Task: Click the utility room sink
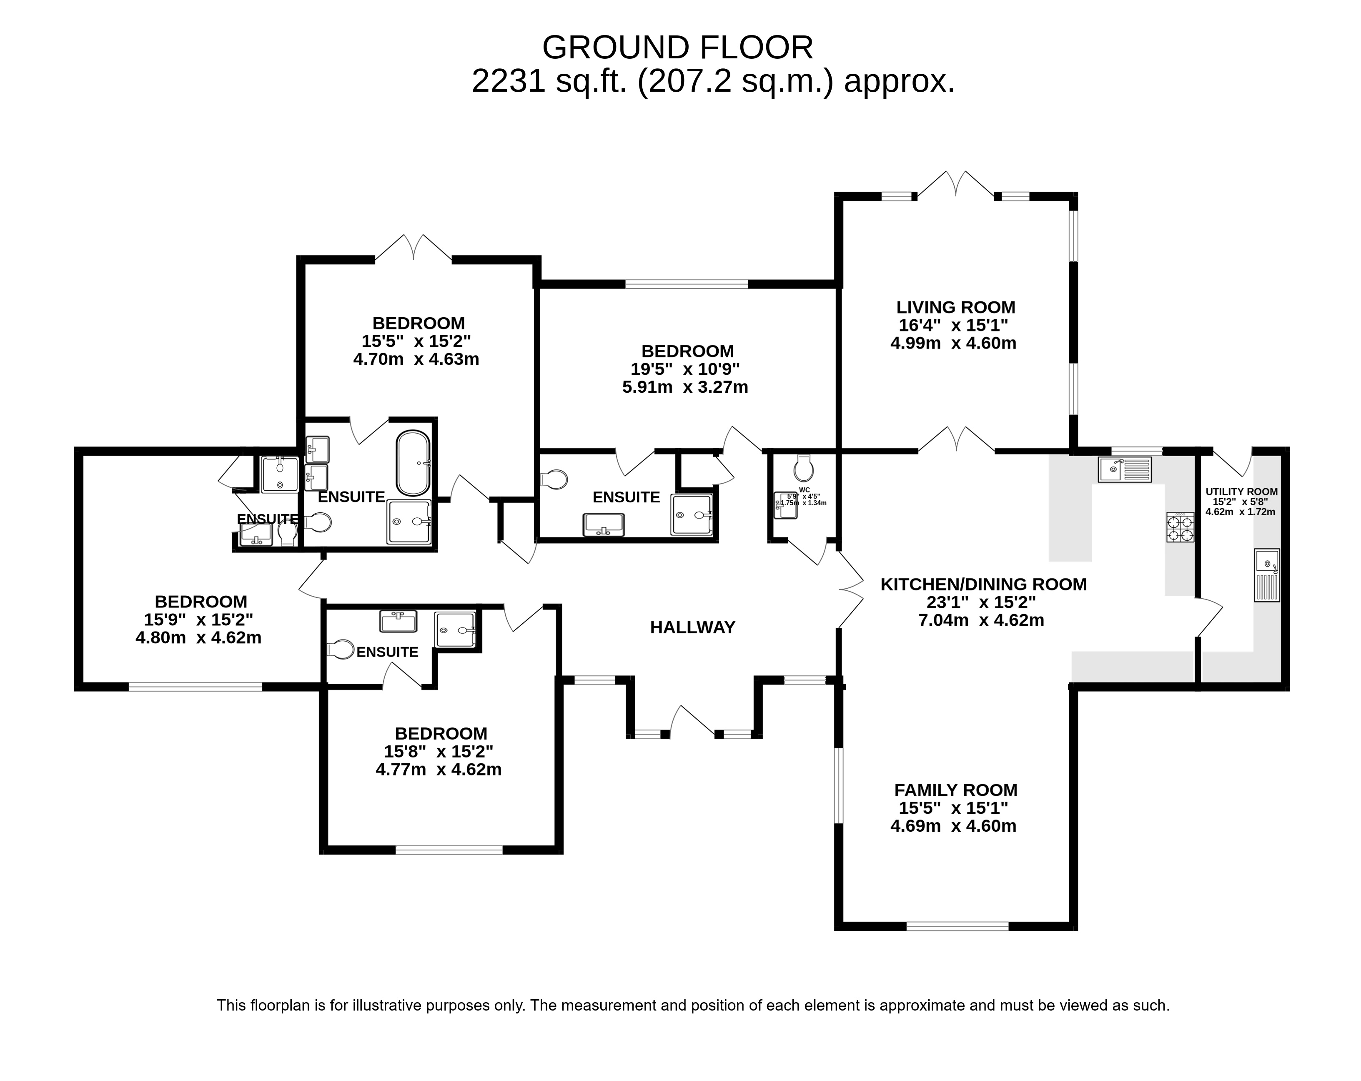(x=1267, y=574)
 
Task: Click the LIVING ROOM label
(x=956, y=308)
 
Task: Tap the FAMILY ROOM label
(x=956, y=790)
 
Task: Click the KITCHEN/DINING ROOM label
(x=983, y=584)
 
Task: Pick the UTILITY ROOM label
(x=1241, y=491)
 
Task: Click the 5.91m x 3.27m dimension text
(x=685, y=386)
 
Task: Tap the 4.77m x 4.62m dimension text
(x=438, y=769)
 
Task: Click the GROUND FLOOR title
(x=677, y=48)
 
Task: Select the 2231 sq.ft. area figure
(x=549, y=81)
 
